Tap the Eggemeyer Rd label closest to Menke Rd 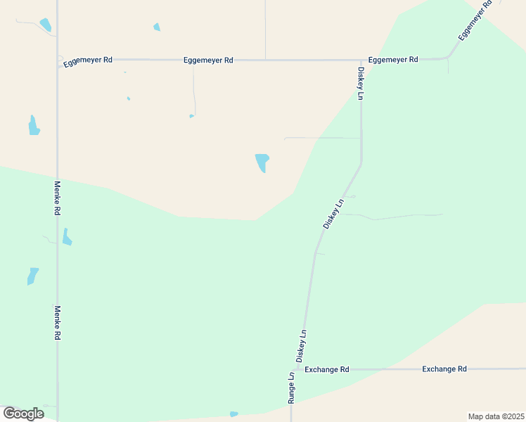pyautogui.click(x=88, y=61)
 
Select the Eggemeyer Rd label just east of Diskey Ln pyautogui.click(x=393, y=60)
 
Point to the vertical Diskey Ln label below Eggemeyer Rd pyautogui.click(x=360, y=84)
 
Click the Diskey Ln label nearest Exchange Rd pyautogui.click(x=301, y=346)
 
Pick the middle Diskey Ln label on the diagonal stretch pyautogui.click(x=333, y=213)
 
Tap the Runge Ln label pyautogui.click(x=291, y=388)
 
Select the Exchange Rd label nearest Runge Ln pyautogui.click(x=327, y=369)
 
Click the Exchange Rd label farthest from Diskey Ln pyautogui.click(x=444, y=369)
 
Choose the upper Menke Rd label pyautogui.click(x=58, y=198)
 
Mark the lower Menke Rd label pyautogui.click(x=58, y=323)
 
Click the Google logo pyautogui.click(x=23, y=414)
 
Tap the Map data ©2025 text pyautogui.click(x=495, y=416)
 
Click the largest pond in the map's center pyautogui.click(x=262, y=162)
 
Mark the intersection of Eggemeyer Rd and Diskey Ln pyautogui.click(x=361, y=60)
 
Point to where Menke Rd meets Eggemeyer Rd pyautogui.click(x=58, y=60)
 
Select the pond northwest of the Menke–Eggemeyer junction pyautogui.click(x=46, y=25)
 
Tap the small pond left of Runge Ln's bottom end pyautogui.click(x=233, y=414)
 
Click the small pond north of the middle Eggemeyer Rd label pyautogui.click(x=157, y=27)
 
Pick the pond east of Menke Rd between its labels pyautogui.click(x=67, y=237)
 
